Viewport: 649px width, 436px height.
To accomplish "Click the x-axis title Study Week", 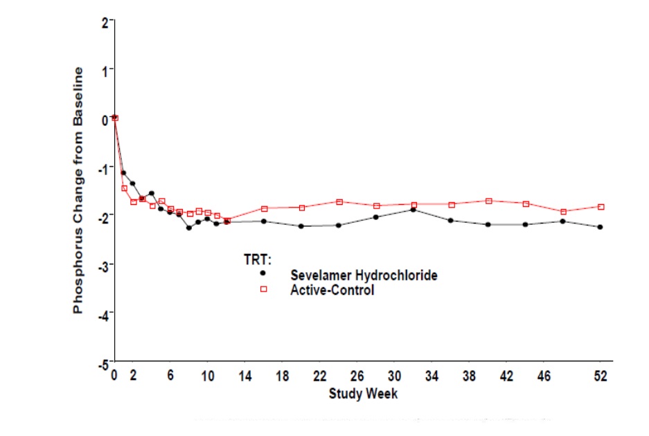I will (x=363, y=394).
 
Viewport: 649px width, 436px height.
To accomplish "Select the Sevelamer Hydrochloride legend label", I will (x=364, y=275).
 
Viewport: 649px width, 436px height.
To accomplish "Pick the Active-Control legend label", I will (x=332, y=290).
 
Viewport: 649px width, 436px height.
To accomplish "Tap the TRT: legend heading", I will (x=257, y=260).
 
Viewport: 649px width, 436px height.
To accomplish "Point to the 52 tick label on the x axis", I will (x=601, y=376).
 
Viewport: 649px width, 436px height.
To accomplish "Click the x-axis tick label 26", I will (x=357, y=376).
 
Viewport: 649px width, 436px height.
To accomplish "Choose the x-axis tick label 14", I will (x=245, y=376).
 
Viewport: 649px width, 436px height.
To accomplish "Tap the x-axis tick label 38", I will (x=469, y=376).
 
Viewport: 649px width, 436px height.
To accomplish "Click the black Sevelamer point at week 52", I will (x=601, y=227).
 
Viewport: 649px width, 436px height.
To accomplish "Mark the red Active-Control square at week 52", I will (x=601, y=207).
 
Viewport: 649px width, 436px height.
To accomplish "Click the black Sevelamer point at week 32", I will (x=414, y=209).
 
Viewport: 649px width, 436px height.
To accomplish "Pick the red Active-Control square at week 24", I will (x=339, y=202).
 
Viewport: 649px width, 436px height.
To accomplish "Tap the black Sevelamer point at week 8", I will (x=188, y=228).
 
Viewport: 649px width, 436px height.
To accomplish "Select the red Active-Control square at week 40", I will (x=488, y=201).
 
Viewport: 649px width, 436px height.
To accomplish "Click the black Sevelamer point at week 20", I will (x=301, y=226).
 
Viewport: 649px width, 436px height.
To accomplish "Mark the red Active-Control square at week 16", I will (x=264, y=208).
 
